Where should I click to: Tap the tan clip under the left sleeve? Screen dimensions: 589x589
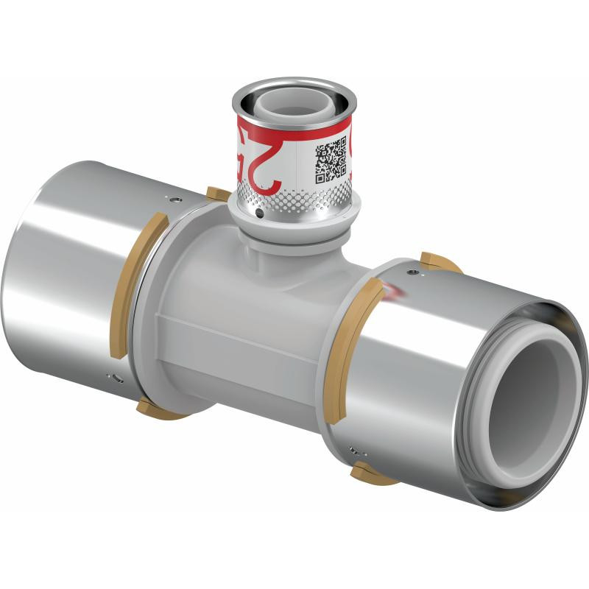(x=158, y=408)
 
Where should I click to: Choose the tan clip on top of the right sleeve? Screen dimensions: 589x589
(x=440, y=261)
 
